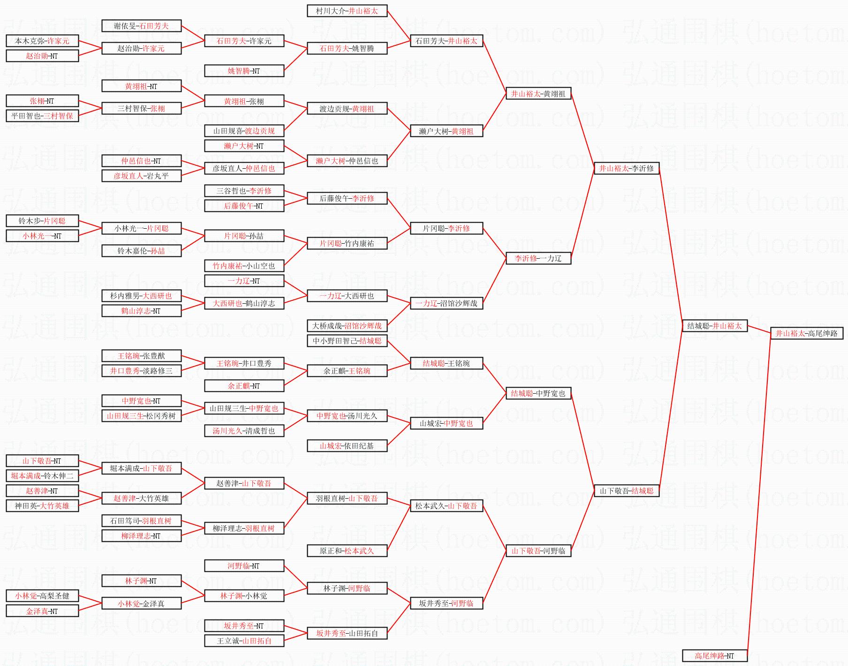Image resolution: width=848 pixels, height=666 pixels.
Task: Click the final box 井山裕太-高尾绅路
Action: (x=806, y=333)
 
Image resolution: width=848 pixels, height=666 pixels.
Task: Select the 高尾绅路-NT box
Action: (x=714, y=656)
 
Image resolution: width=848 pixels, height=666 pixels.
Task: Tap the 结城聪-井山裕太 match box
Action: (x=714, y=326)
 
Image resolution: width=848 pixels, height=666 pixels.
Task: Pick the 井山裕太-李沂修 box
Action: (x=626, y=168)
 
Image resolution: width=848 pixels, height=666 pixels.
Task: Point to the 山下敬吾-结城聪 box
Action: (x=626, y=491)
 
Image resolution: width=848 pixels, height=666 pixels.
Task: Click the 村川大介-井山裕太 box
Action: (x=347, y=11)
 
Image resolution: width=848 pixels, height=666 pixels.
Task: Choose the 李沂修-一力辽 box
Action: (x=538, y=258)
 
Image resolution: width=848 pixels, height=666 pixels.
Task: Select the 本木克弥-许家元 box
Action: (x=42, y=41)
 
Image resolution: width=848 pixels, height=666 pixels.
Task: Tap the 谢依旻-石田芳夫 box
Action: (x=141, y=26)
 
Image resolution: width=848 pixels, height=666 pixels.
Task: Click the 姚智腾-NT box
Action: (x=244, y=71)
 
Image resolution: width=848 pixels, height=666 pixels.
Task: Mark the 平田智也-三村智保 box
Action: (x=42, y=116)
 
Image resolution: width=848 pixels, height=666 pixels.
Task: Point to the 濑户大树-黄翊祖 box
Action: (x=446, y=131)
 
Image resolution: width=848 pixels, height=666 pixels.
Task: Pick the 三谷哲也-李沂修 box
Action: (x=244, y=191)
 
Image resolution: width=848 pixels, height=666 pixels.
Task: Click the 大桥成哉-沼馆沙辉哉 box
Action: (x=347, y=326)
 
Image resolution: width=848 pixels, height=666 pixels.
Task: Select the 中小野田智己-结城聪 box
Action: (x=347, y=341)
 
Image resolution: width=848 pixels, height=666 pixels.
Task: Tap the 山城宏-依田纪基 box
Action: (x=347, y=446)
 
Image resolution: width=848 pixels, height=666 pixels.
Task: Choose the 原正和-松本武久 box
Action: (x=347, y=551)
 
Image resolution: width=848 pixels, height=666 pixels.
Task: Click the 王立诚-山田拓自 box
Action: (x=244, y=641)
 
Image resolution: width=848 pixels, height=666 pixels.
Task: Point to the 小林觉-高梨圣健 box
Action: (x=42, y=596)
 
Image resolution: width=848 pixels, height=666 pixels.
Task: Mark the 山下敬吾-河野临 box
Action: (x=538, y=551)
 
